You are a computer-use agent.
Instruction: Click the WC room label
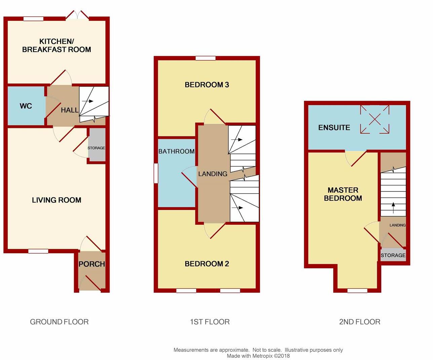click(26, 106)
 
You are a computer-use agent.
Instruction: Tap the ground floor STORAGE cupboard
click(96, 148)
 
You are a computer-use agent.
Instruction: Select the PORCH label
click(91, 264)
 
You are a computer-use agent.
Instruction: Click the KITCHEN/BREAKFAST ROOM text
click(56, 46)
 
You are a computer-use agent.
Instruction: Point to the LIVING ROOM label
click(56, 200)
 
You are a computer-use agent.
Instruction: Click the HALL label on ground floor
click(70, 110)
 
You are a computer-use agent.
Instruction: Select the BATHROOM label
click(176, 151)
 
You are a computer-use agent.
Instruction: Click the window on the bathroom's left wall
click(156, 173)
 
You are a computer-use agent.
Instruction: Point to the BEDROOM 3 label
click(207, 85)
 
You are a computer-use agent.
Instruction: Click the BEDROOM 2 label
click(207, 264)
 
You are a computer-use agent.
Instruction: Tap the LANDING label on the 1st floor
click(212, 174)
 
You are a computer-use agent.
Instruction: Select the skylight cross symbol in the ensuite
click(375, 119)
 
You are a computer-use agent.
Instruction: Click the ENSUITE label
click(334, 128)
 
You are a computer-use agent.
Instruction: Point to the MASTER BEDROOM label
click(343, 194)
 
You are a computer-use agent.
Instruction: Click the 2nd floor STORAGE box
click(393, 255)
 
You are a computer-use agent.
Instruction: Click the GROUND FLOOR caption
click(59, 322)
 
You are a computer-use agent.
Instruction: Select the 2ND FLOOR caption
click(359, 322)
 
